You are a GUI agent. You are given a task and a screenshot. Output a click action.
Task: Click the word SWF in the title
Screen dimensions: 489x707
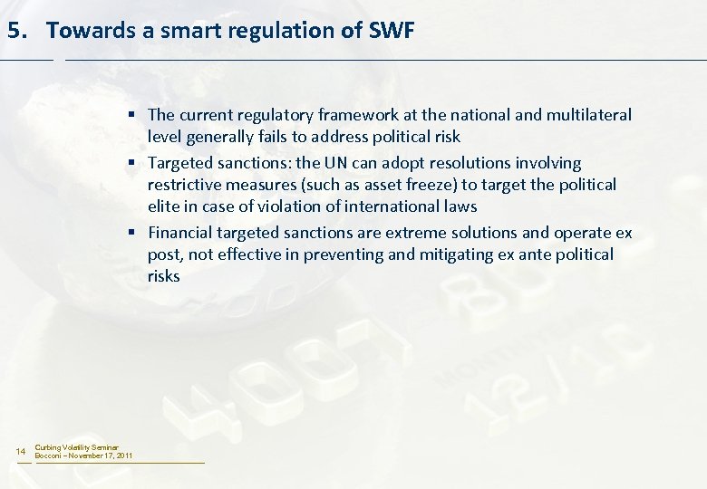click(x=392, y=30)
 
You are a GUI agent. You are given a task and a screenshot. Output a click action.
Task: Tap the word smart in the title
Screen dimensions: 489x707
click(x=191, y=30)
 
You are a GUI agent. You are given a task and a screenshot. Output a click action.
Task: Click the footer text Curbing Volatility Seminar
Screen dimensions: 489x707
click(x=76, y=447)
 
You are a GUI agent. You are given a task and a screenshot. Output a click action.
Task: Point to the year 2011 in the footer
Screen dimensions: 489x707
click(x=123, y=455)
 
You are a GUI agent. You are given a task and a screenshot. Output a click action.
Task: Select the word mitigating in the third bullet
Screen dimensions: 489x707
click(x=457, y=254)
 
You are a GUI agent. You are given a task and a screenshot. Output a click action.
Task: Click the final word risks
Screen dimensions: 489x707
click(x=164, y=276)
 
